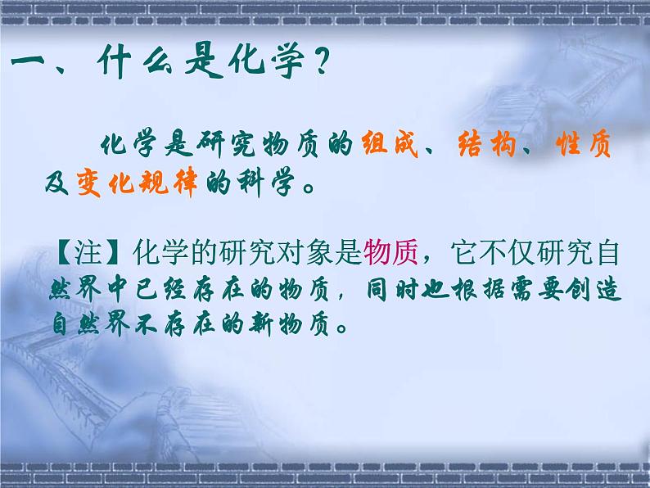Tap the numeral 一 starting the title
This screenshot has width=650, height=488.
point(28,62)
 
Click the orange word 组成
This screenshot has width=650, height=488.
point(390,144)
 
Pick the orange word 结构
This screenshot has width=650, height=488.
point(486,144)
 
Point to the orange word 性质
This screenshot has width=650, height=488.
point(584,144)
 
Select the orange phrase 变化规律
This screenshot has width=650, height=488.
point(138,183)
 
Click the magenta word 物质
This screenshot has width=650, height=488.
point(390,252)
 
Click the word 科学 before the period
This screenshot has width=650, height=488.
point(265,183)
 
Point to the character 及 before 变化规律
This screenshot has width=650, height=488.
point(56,183)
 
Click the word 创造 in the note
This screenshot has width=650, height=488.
point(594,288)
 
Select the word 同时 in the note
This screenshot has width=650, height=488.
point(392,289)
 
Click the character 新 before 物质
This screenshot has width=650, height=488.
point(261,323)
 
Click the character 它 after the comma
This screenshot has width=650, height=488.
point(465,252)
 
